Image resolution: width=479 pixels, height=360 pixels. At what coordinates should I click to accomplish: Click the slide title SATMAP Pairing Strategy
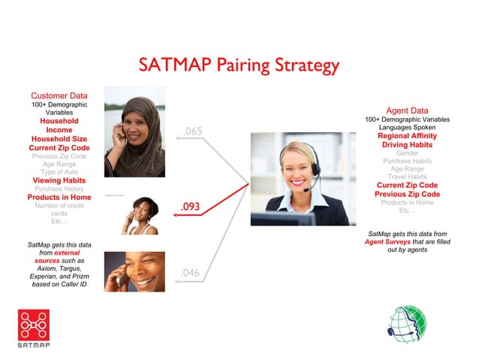pos(239,65)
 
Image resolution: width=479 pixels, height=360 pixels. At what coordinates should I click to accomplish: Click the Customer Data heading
pos(59,95)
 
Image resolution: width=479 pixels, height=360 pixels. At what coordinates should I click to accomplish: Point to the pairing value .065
pos(193,132)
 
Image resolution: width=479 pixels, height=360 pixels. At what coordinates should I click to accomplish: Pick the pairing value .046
pos(190,273)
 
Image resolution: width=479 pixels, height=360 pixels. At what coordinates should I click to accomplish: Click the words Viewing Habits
pos(59,180)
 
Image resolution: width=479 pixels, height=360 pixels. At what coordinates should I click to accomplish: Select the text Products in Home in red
pos(59,197)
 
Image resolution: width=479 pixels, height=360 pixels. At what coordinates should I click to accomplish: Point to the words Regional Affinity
pos(409,136)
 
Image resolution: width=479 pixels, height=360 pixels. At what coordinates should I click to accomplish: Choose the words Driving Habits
pos(409,144)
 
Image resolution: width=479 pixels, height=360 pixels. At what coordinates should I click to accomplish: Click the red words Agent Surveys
pos(385,242)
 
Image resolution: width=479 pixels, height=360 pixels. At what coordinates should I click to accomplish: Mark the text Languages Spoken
pos(409,128)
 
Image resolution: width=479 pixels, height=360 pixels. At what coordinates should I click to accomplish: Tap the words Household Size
pos(59,139)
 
